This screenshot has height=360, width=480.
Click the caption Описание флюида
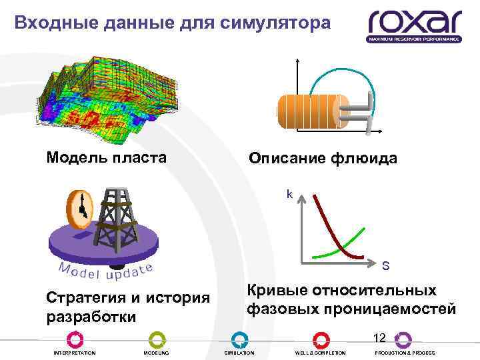(x=323, y=159)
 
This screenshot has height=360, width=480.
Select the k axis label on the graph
(x=289, y=194)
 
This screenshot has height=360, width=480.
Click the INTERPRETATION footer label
(x=74, y=353)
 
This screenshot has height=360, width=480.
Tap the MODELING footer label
(x=157, y=353)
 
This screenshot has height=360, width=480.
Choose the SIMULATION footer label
(x=239, y=353)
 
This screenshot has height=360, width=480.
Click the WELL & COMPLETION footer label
(x=321, y=353)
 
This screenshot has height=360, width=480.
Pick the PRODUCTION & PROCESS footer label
(x=404, y=353)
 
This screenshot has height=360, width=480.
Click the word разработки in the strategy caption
(x=90, y=315)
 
